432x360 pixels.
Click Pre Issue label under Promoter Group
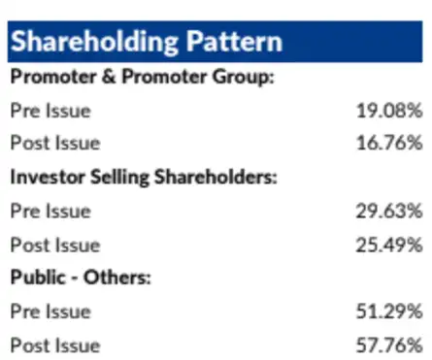click(50, 110)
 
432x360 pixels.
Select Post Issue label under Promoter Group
click(55, 144)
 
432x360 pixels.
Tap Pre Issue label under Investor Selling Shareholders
click(50, 211)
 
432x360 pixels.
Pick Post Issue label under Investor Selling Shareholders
click(55, 245)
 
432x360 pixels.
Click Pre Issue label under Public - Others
click(50, 311)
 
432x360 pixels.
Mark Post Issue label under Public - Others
click(55, 344)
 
